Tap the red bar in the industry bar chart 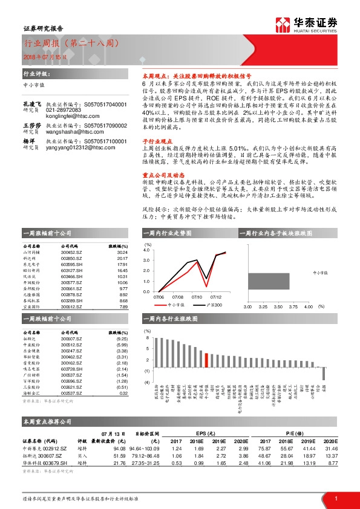(207, 360)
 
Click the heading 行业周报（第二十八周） (65, 44)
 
